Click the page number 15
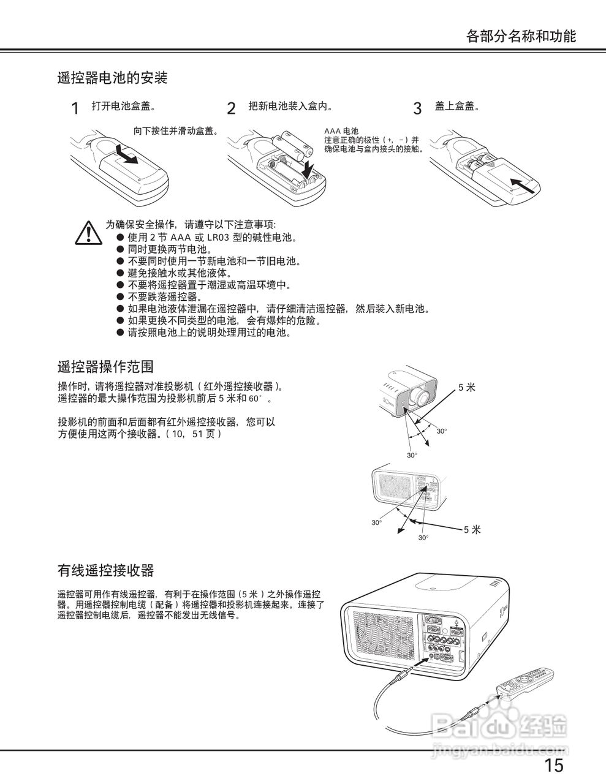pos(553,765)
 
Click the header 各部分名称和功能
pos(521,36)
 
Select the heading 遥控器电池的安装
pos(112,78)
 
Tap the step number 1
pos(75,109)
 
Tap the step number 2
pos(231,109)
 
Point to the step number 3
pos(417,109)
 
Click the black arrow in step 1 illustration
pos(127,156)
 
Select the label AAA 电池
pos(341,131)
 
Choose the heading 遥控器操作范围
pos(105,367)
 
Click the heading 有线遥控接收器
pos(105,571)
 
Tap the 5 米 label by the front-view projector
pos(466,387)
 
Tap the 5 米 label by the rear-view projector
pos(472,529)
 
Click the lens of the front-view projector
pos(421,395)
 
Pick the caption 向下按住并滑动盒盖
pos(176,130)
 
